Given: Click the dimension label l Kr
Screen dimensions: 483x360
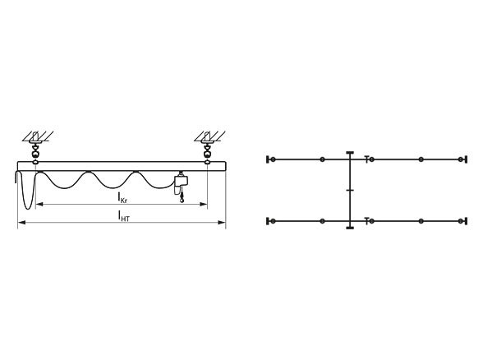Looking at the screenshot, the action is point(122,198).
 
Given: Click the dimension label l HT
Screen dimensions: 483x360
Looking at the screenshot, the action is point(124,216).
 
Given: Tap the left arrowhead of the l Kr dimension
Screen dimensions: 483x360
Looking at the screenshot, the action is point(39,204).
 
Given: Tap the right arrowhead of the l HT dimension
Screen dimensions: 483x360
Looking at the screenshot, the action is point(222,222).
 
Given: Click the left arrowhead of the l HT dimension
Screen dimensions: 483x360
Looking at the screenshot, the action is point(21,222).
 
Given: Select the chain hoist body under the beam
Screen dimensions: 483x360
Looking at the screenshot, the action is point(181,184).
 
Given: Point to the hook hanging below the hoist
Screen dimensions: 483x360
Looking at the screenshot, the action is point(182,199).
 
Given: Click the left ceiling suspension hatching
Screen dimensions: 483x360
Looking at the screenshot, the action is point(38,136).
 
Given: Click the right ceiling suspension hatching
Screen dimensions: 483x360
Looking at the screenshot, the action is point(209,136).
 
